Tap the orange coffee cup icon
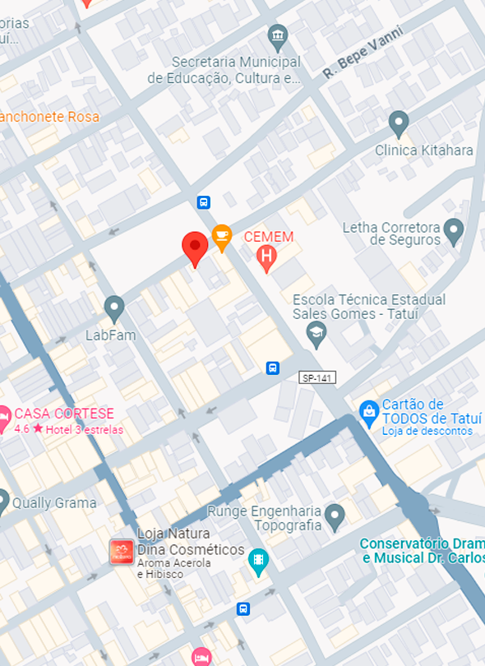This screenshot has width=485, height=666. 221,236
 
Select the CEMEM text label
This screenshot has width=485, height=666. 269,237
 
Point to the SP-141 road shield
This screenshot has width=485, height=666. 316,377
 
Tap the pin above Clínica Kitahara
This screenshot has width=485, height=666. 399,123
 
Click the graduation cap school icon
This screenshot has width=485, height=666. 316,333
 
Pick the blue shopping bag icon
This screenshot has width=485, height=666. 369,409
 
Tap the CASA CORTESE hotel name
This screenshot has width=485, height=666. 64,414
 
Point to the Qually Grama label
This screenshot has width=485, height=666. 54,502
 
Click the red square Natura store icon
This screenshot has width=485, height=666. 121,552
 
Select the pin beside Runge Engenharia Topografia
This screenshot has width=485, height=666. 334,516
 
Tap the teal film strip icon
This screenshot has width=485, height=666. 258,562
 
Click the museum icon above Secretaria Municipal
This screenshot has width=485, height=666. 278,36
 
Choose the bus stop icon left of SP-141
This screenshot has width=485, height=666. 273,368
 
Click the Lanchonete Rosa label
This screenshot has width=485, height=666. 49,117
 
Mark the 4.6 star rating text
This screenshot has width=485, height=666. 22,429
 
